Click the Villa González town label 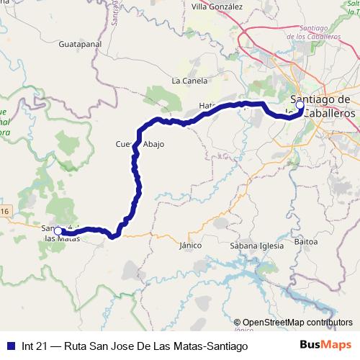point(217,6)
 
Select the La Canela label point(189,81)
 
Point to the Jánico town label point(189,245)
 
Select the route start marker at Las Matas point(58,231)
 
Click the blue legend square point(11,346)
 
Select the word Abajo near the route point(154,144)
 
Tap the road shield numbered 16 point(4,211)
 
